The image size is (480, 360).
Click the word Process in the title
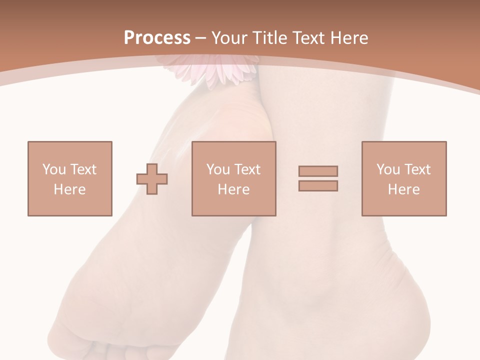(x=157, y=38)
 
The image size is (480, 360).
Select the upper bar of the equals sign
(x=318, y=171)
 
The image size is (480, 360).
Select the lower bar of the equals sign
(x=318, y=185)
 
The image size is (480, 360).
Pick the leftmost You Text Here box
(x=69, y=178)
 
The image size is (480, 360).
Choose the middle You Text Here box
(x=233, y=178)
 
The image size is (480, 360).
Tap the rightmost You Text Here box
(x=403, y=178)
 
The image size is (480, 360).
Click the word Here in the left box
(x=69, y=189)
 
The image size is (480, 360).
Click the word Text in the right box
(x=417, y=169)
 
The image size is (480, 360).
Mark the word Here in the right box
(x=403, y=189)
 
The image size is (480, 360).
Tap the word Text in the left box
(x=83, y=169)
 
